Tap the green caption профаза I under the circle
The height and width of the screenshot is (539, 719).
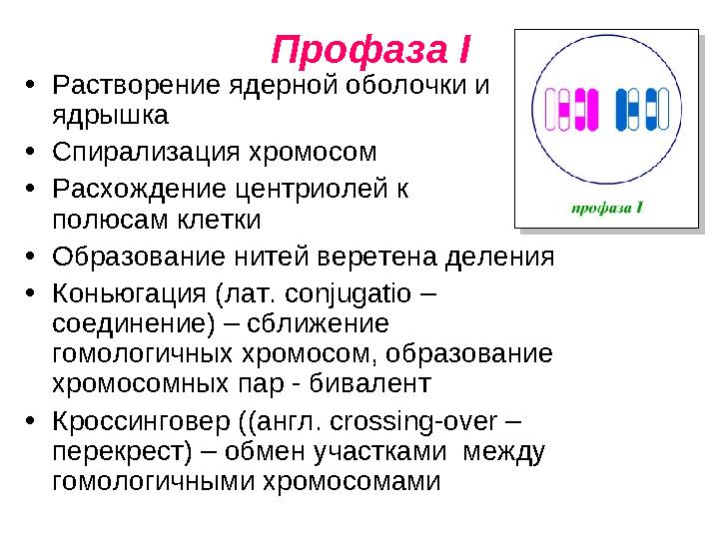click(605, 208)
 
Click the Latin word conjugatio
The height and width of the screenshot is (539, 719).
click(341, 295)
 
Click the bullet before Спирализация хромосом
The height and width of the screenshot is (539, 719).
click(31, 153)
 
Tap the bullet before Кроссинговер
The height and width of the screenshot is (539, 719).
click(31, 421)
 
